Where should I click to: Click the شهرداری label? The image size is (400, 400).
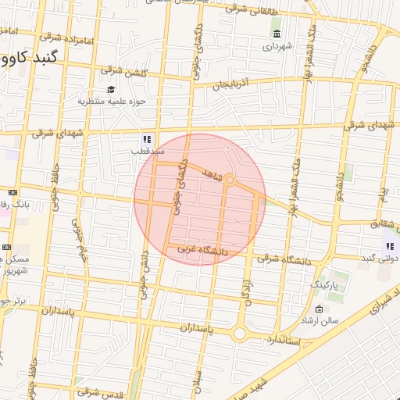277,46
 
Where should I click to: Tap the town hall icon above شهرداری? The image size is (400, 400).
277,33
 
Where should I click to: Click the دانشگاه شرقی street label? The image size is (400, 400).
279,255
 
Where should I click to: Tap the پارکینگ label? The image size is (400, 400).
327,287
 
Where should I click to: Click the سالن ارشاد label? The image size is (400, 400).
322,320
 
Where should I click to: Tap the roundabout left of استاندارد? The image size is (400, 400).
240,334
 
